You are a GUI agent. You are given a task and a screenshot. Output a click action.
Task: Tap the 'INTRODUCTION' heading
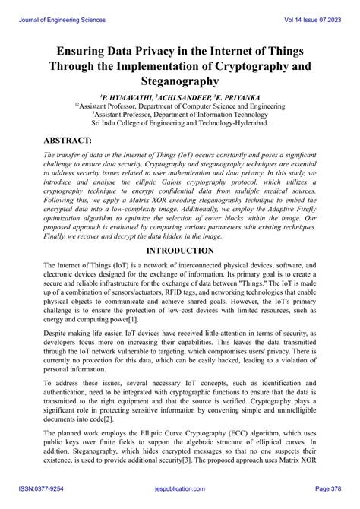pyautogui.click(x=179, y=250)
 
